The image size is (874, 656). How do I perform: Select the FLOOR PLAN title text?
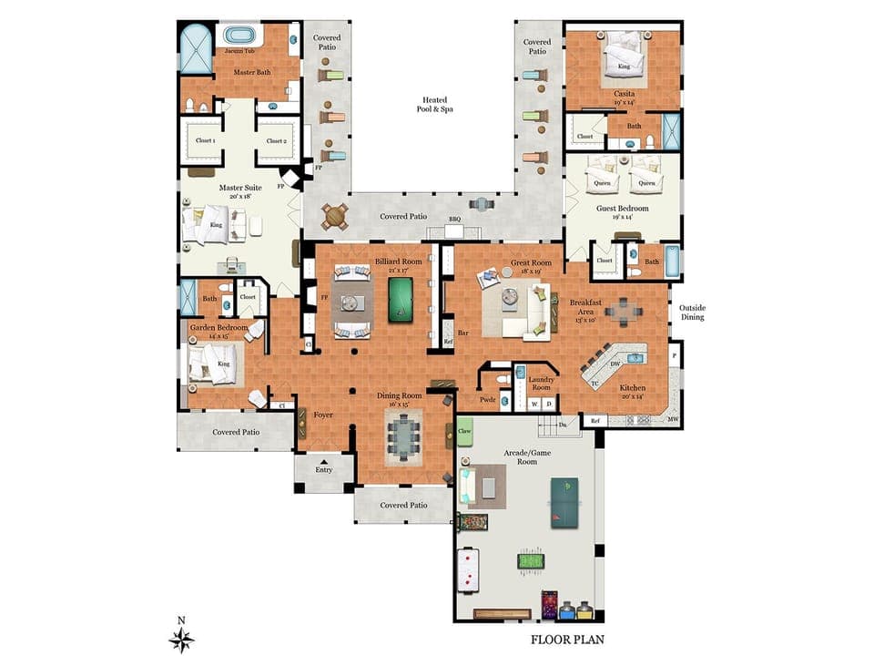click(567, 640)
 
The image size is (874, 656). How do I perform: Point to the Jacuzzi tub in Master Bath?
click(239, 37)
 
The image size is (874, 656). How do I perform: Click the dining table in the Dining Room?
click(402, 436)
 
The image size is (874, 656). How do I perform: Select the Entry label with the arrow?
click(323, 468)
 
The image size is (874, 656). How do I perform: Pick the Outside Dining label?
click(692, 313)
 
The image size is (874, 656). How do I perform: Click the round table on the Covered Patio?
click(335, 217)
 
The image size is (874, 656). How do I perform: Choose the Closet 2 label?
click(277, 141)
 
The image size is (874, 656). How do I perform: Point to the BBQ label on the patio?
click(455, 220)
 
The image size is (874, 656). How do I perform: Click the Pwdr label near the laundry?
click(488, 399)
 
